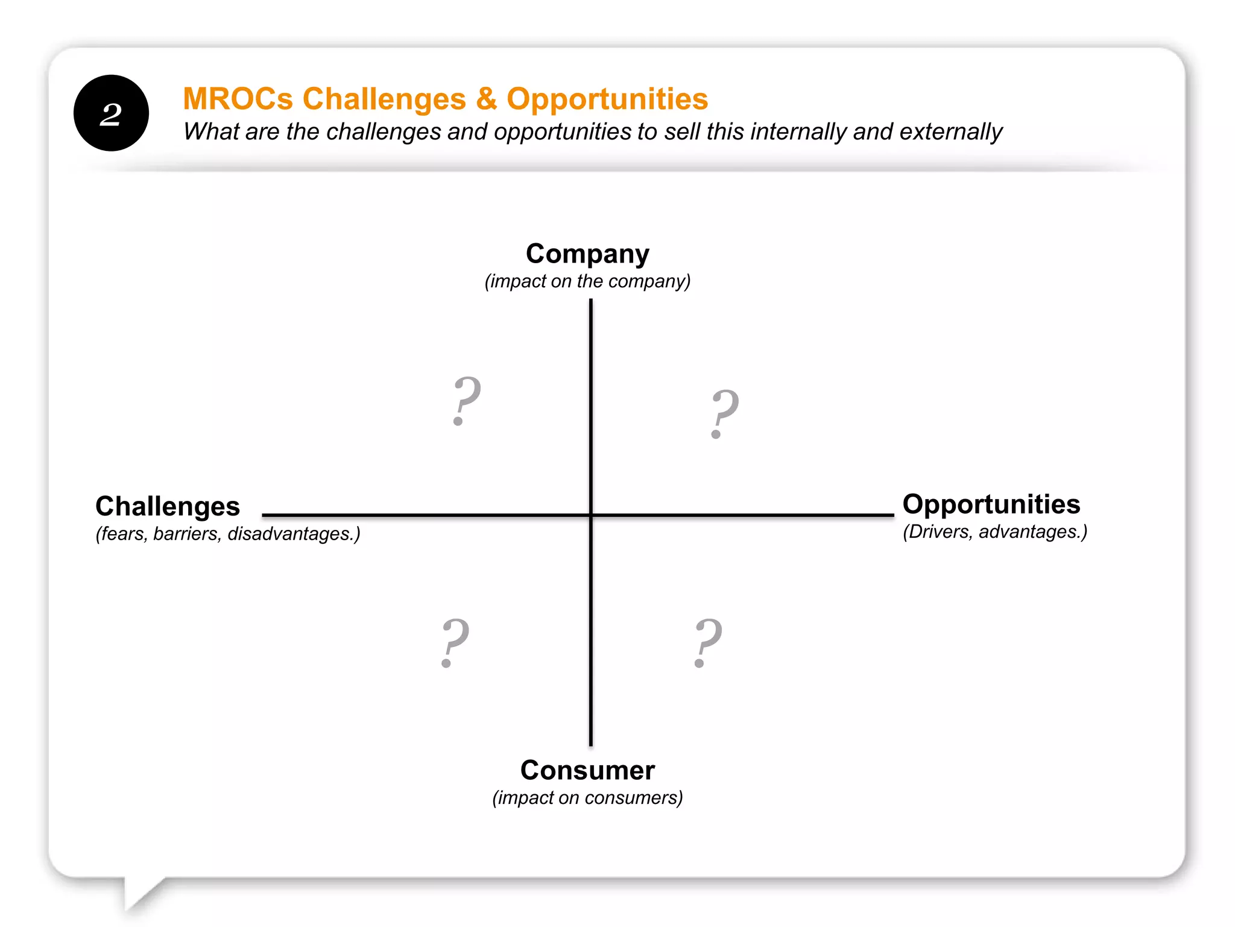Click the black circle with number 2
click(111, 113)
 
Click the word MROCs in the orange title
click(238, 99)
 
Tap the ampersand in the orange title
click(486, 99)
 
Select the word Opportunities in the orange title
click(607, 99)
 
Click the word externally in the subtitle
click(950, 132)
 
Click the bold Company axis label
click(587, 254)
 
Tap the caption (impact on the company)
click(587, 281)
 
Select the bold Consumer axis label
click(587, 771)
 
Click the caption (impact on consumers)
click(587, 798)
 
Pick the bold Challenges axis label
click(168, 506)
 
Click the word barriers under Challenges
click(187, 534)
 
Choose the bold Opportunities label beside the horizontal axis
click(991, 505)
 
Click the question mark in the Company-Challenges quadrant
click(466, 400)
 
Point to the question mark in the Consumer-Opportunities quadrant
click(707, 643)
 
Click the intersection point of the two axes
click(591, 515)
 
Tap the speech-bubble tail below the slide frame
click(139, 893)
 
